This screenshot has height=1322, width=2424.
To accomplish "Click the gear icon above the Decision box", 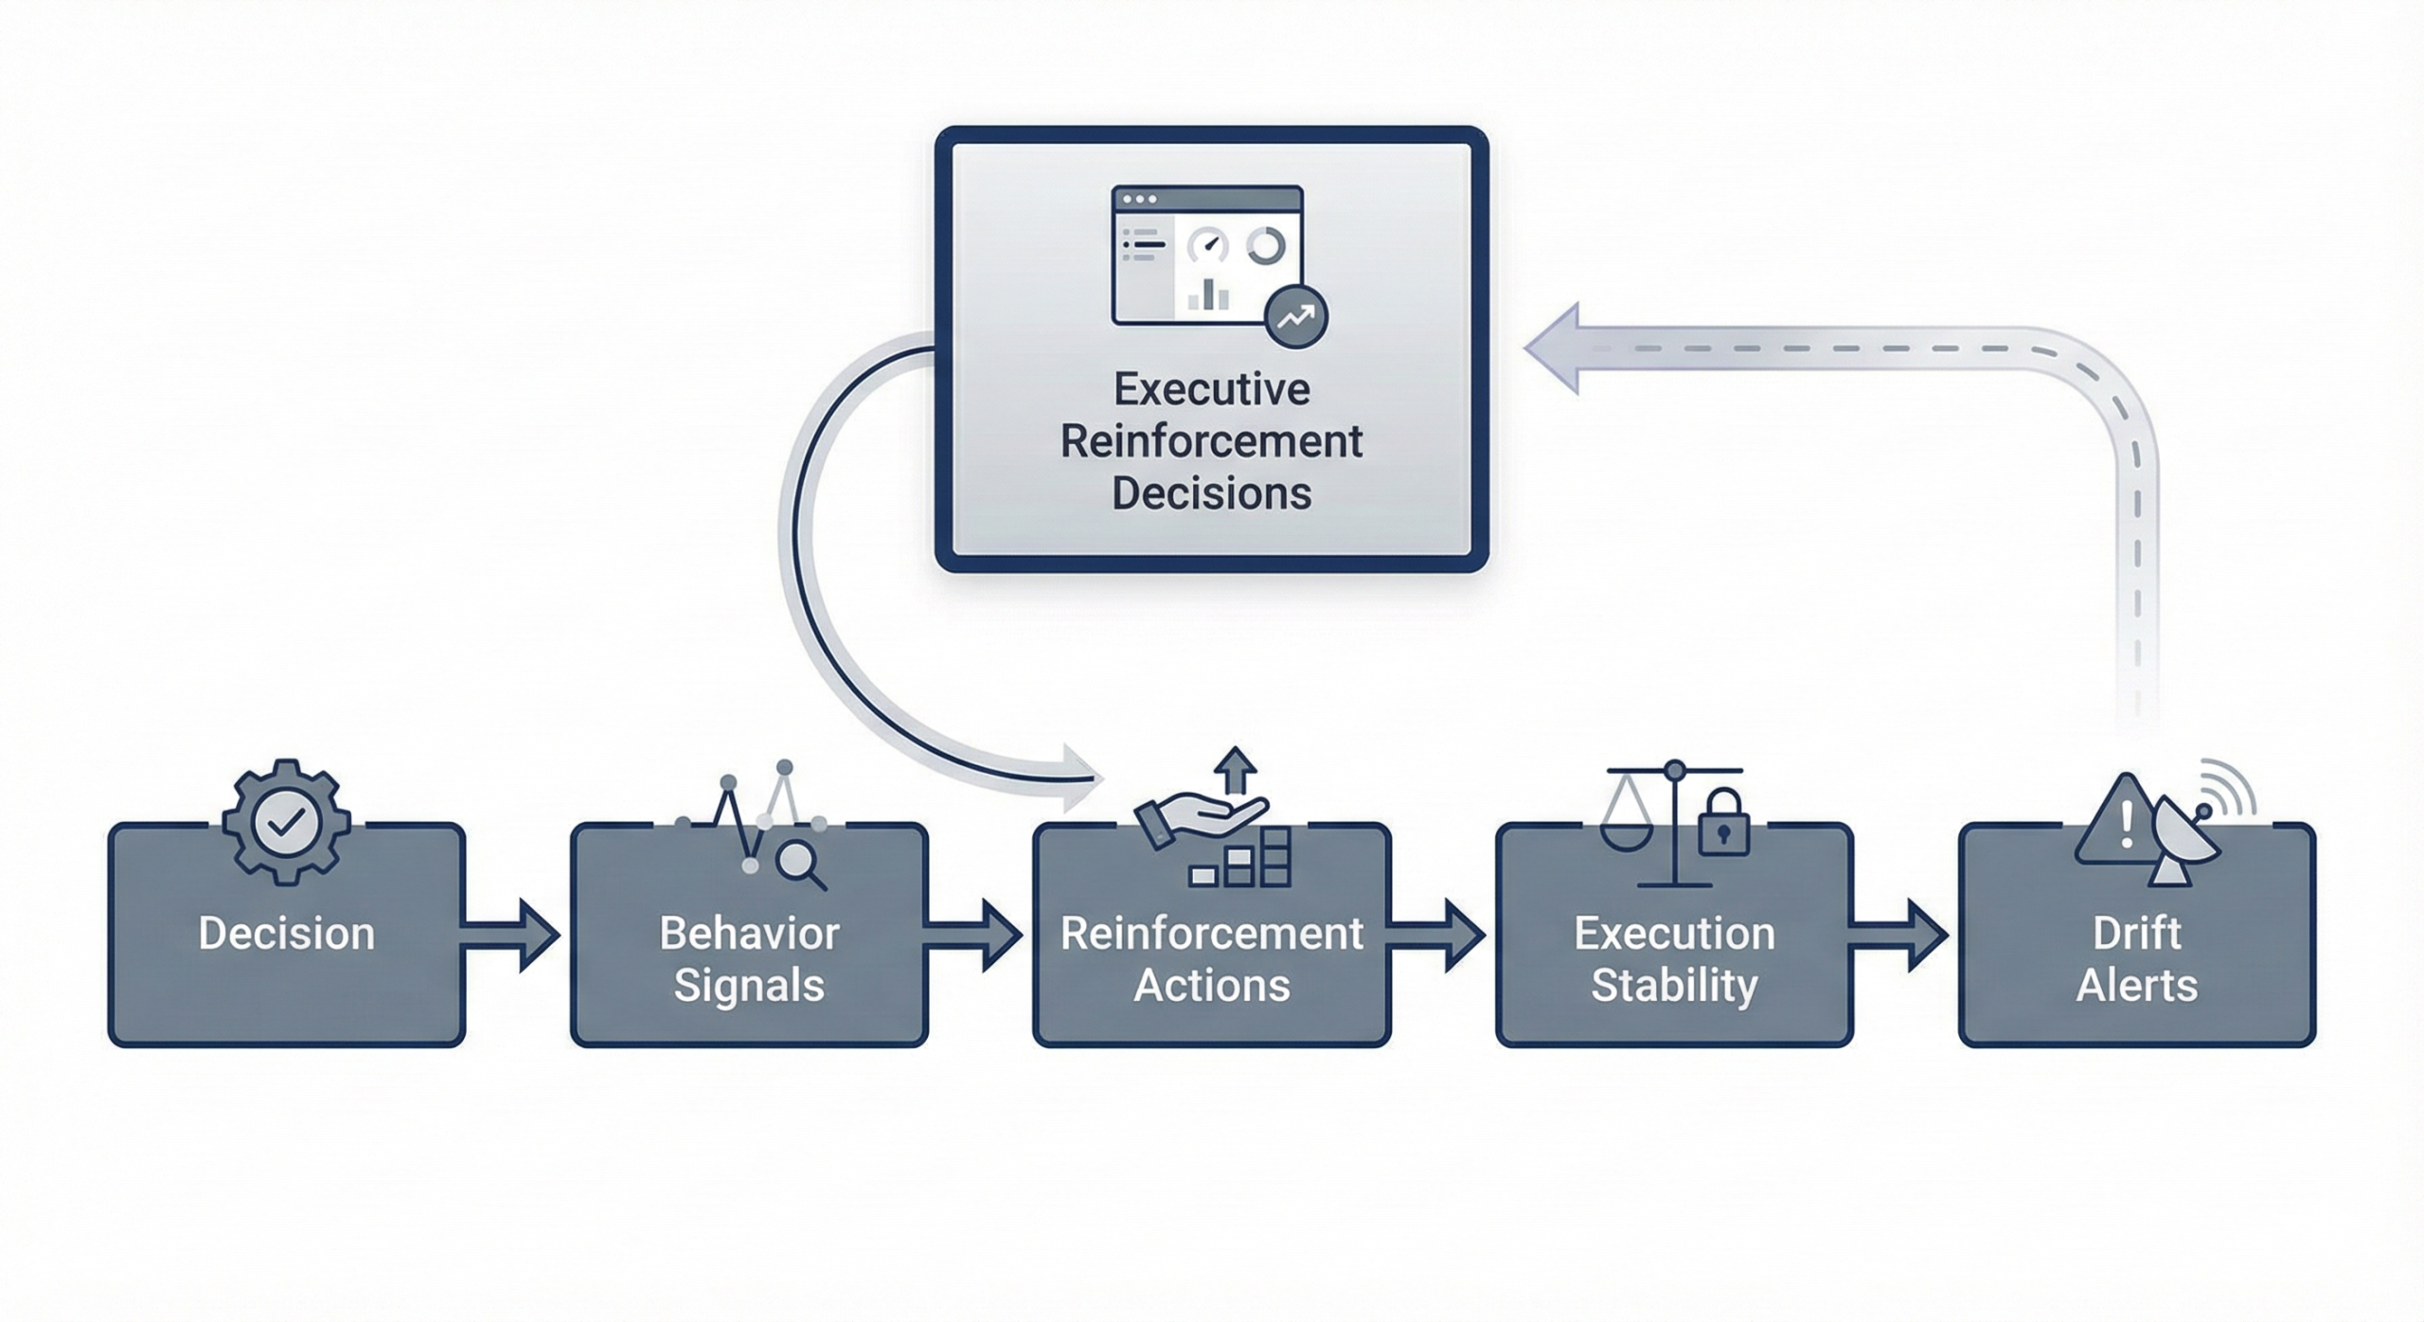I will click(287, 821).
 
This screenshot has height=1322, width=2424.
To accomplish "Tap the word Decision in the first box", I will click(287, 934).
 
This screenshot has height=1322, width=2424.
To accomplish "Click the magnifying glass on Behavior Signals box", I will click(798, 863).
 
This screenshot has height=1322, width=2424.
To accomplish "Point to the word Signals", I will click(749, 986).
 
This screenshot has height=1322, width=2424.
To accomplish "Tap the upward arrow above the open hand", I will click(1235, 769).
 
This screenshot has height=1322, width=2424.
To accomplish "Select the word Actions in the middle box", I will click(1212, 986).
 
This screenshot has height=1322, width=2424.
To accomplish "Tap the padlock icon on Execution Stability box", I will click(1722, 824).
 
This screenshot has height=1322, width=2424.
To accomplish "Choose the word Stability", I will click(1674, 986).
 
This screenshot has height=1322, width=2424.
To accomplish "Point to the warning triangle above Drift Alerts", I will click(2119, 824).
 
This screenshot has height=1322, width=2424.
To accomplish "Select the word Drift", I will click(2136, 934).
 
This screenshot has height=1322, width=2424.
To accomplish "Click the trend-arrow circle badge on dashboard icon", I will click(1295, 316).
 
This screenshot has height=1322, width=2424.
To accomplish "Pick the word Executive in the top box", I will click(1212, 389).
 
